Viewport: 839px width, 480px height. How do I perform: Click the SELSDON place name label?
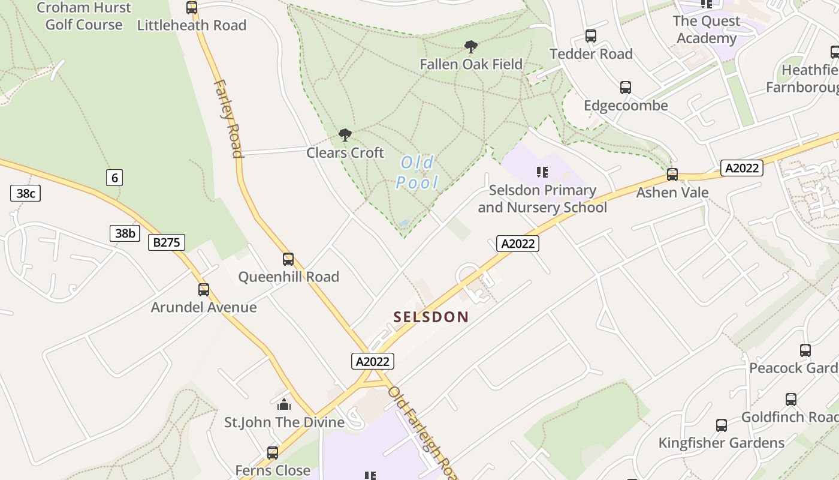click(431, 317)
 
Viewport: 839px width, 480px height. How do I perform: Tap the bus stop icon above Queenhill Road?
click(288, 259)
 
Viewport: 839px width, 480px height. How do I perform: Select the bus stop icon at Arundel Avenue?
click(204, 290)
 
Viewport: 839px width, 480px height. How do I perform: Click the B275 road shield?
click(167, 242)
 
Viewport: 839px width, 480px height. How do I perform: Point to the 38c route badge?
click(25, 193)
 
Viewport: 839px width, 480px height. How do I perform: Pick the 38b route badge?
click(125, 233)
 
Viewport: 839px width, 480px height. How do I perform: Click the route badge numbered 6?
click(114, 177)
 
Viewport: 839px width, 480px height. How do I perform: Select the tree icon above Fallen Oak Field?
click(471, 46)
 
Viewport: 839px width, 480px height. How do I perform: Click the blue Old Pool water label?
click(417, 172)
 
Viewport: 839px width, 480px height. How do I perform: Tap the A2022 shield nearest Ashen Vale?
click(742, 168)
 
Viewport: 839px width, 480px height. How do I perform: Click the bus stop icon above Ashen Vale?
click(672, 175)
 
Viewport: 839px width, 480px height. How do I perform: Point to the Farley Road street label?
click(228, 118)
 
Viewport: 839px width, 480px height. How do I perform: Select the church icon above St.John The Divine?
click(284, 404)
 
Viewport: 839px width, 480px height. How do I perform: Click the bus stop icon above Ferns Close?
click(273, 452)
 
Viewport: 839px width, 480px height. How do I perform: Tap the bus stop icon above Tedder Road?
click(591, 36)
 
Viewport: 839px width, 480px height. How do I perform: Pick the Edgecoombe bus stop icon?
click(626, 88)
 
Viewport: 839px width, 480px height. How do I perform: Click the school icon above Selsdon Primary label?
click(542, 173)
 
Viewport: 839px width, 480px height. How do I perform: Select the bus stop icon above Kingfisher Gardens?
click(722, 425)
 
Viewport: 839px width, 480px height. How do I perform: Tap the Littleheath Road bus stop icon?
click(192, 8)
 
